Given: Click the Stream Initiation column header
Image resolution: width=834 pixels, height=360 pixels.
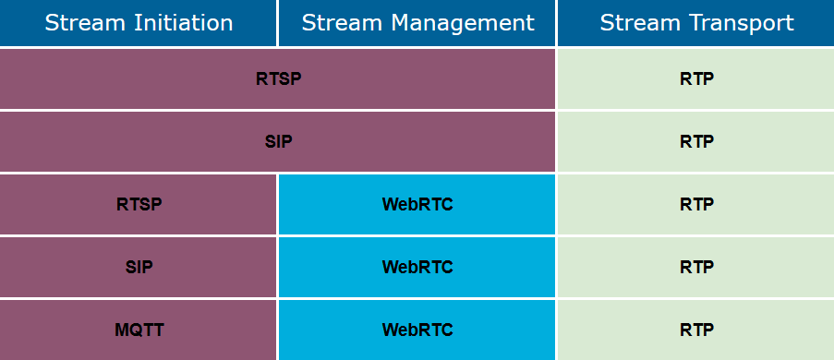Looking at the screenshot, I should pos(139,23).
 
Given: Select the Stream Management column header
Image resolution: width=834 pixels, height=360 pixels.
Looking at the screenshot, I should pos(417,23).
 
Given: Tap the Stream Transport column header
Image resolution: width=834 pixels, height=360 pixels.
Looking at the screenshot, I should pos(696,23).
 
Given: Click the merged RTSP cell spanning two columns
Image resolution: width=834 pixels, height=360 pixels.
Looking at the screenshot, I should pos(278,78).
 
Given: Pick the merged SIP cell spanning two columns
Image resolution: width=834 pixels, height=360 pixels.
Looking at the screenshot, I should pos(278,141).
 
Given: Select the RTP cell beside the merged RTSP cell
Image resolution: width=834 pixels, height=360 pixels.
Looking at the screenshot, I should pos(696,78).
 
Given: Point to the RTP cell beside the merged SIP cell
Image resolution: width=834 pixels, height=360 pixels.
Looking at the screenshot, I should pos(696,141).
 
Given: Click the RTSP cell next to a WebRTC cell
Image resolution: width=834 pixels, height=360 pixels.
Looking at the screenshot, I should pos(139,204).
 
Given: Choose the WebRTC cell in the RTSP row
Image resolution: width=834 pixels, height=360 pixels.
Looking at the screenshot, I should pos(417,204).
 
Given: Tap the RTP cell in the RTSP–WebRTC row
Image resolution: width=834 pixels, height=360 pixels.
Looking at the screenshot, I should pos(696,204).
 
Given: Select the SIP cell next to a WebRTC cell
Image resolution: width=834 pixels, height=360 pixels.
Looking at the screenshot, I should pos(139,267).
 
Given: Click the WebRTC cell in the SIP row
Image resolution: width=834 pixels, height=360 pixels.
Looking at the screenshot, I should pos(417,267).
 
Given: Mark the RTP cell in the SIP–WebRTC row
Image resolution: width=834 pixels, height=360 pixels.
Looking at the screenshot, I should pos(696,267).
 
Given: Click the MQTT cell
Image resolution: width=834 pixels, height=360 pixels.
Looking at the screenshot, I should pos(139,329).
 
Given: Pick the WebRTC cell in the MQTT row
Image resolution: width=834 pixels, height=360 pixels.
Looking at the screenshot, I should pos(417,329).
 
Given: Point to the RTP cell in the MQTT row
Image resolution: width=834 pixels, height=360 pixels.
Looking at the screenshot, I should pos(696,329).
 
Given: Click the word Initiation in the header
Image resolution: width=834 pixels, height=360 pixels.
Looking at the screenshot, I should pos(182,23).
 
